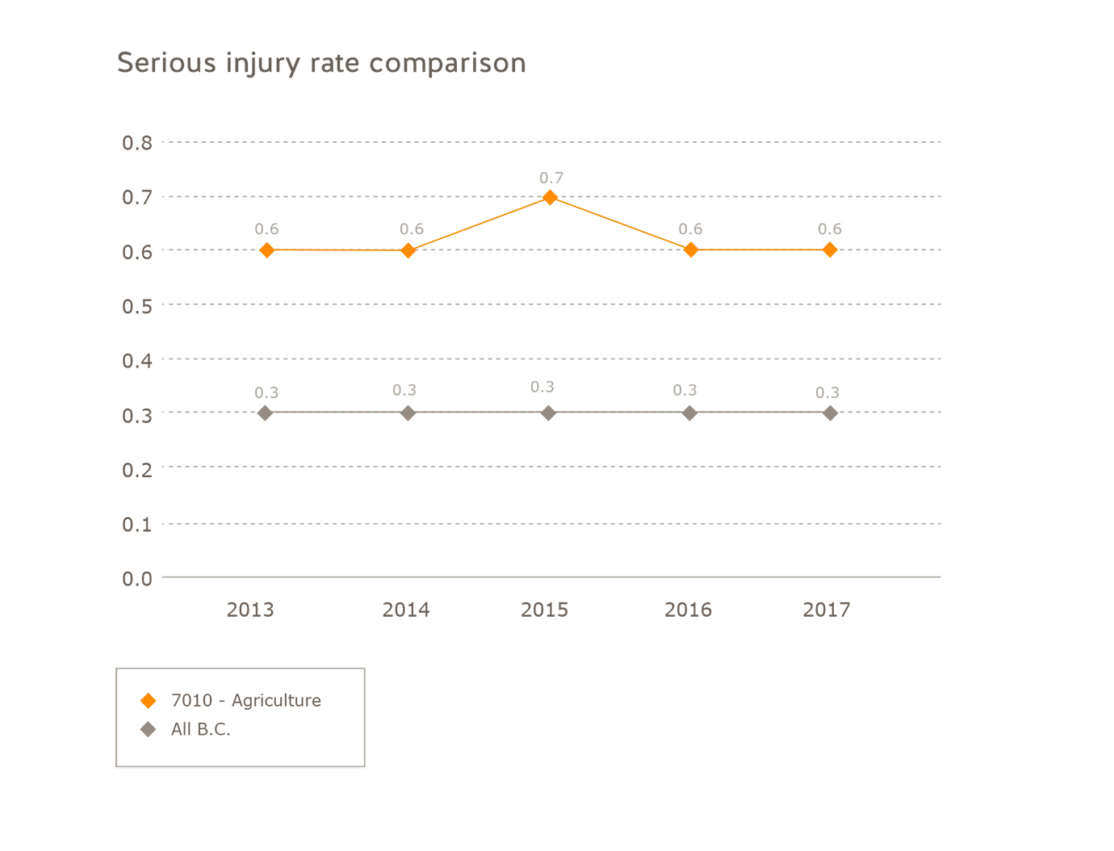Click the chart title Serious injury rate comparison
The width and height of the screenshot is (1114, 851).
(x=321, y=63)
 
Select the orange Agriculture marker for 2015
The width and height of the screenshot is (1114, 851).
(x=550, y=197)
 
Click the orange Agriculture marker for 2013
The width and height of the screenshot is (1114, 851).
(x=267, y=250)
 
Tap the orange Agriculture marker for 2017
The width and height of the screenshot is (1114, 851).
(x=830, y=250)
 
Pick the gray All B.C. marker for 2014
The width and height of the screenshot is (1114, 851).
(x=408, y=413)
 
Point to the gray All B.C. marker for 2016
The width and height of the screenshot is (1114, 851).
(x=689, y=413)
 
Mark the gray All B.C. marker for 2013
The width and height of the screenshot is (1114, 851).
(x=265, y=413)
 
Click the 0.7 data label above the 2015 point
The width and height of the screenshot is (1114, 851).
(x=551, y=178)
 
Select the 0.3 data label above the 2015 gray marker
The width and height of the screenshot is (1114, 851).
(x=542, y=388)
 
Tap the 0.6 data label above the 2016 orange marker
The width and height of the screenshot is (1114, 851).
(x=690, y=229)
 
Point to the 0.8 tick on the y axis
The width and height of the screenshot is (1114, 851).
(x=136, y=143)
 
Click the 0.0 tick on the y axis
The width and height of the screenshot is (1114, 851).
(x=136, y=578)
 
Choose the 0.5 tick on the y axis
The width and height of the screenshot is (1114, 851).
(x=136, y=306)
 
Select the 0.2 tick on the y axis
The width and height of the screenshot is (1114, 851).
(x=136, y=469)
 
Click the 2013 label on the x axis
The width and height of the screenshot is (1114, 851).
(x=250, y=610)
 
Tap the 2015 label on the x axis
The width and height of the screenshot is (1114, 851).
(x=544, y=610)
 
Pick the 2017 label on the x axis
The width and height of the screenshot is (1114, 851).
(x=827, y=610)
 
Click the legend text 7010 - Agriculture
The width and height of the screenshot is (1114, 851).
(x=246, y=701)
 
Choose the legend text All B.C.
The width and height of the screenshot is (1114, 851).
(x=201, y=730)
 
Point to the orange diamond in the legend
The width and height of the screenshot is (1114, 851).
(x=148, y=701)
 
